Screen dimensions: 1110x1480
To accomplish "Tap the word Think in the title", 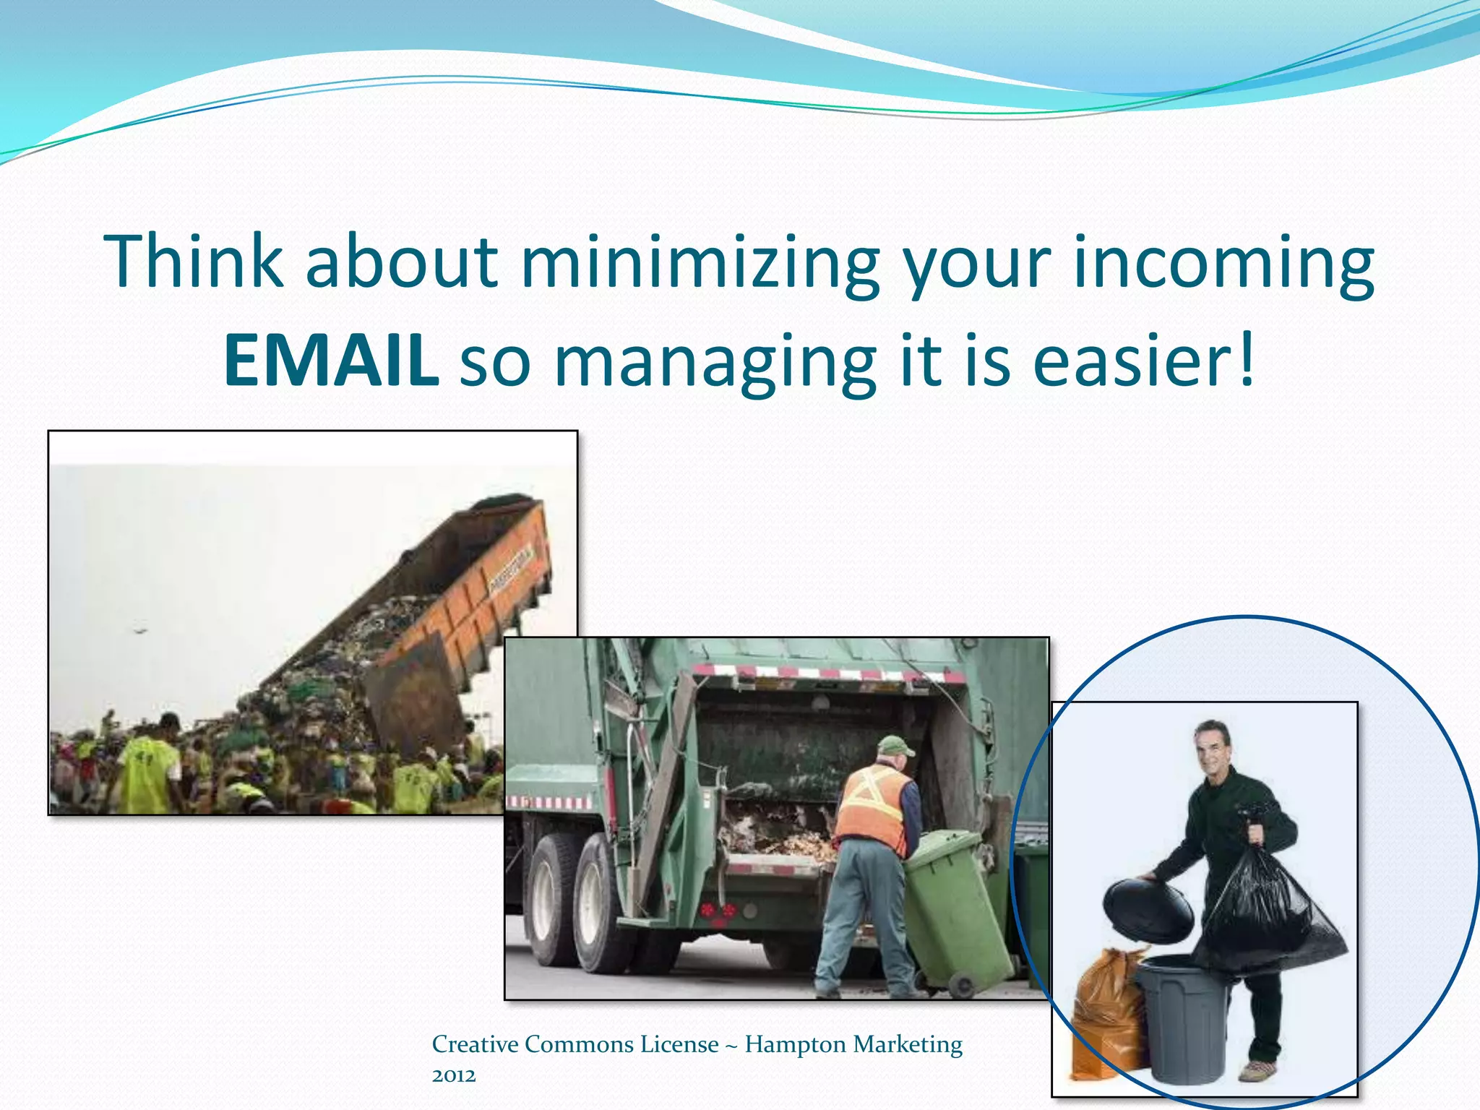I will [x=194, y=262].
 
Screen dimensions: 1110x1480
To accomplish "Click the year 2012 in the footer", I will [x=454, y=1075].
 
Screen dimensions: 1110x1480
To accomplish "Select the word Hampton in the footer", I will [x=795, y=1044].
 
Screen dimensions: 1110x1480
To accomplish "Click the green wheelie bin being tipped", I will [x=954, y=911].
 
